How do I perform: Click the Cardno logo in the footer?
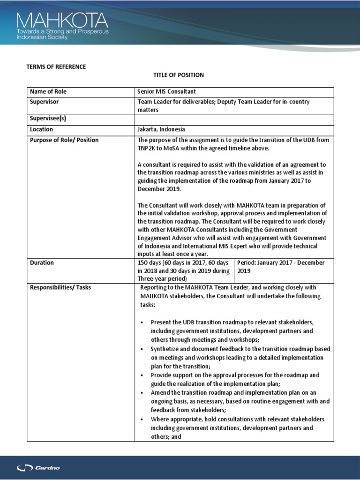[x=38, y=467]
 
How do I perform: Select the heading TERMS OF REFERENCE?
[x=56, y=67]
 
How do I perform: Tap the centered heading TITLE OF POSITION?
[x=179, y=75]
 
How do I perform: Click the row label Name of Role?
[x=48, y=91]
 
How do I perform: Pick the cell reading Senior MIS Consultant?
[x=166, y=91]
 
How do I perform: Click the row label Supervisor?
[x=44, y=101]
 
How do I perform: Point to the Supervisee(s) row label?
[x=48, y=119]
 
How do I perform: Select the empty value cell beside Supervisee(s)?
[x=234, y=119]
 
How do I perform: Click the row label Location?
[x=41, y=129]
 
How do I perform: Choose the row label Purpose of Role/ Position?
[x=64, y=140]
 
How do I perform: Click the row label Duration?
[x=42, y=262]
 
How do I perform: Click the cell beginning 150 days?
[x=184, y=270]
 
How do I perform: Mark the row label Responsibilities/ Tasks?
[x=60, y=287]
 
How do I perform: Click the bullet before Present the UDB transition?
[x=142, y=322]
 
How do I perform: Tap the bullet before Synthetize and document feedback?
[x=142, y=349]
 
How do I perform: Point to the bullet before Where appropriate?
[x=142, y=419]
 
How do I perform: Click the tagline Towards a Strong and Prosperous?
[x=62, y=31]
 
